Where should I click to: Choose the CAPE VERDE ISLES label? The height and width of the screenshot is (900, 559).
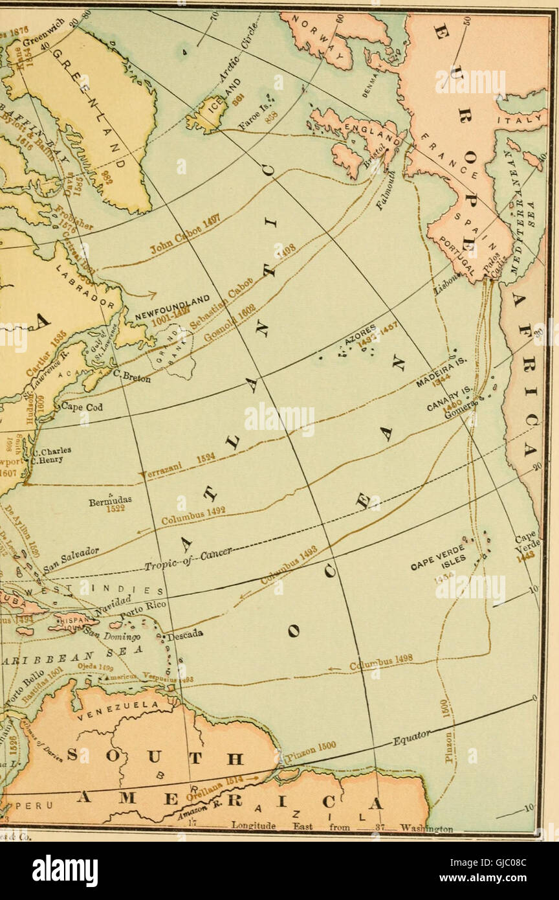coord(438,557)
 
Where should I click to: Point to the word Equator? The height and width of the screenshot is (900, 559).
coord(411,738)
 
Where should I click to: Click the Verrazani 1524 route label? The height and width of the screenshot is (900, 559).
coord(180,466)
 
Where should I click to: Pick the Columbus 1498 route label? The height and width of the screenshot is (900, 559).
coord(381,663)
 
